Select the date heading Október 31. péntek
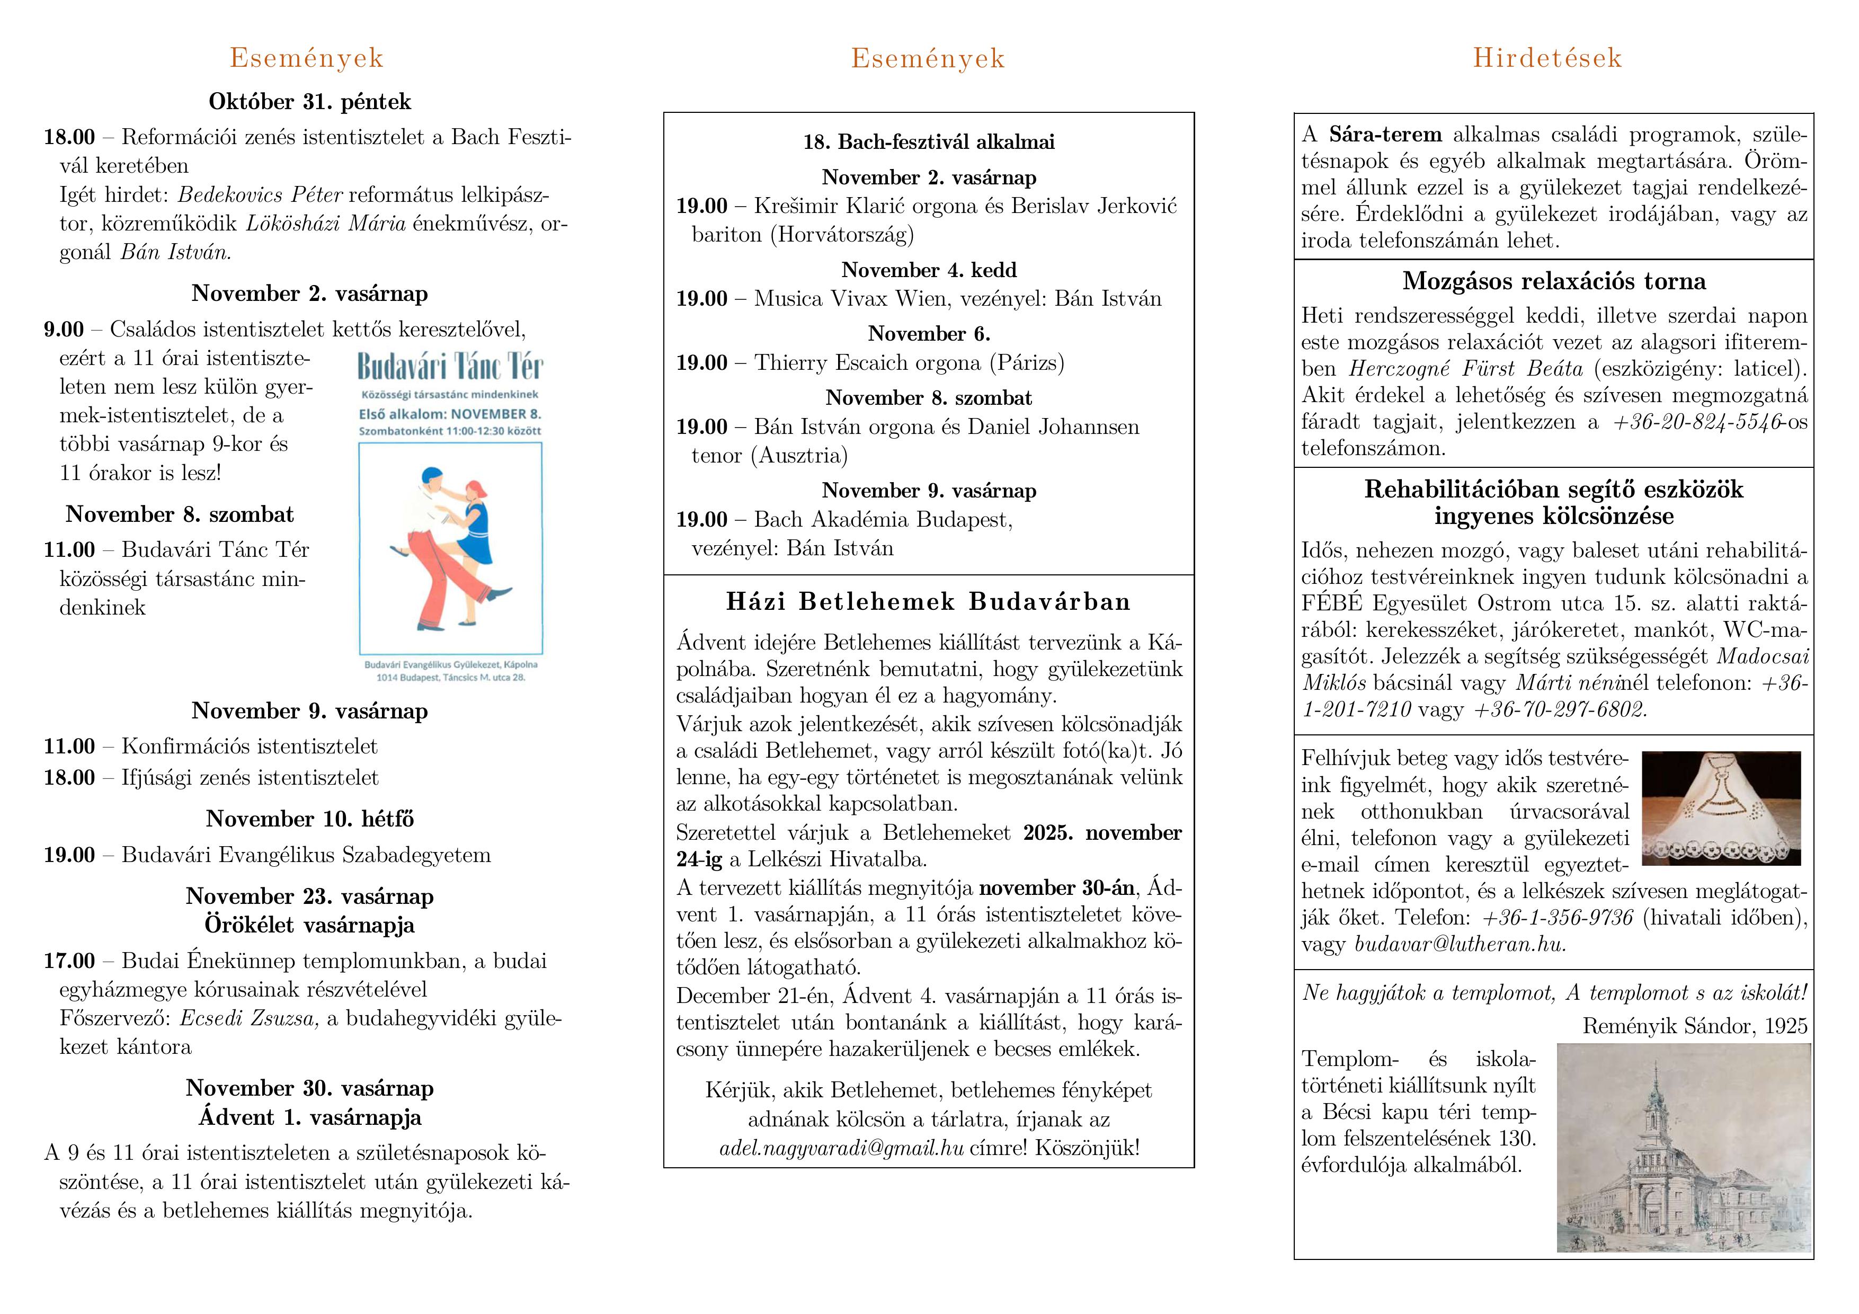(309, 102)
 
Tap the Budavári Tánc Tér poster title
(450, 367)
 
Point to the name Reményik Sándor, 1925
(1695, 1026)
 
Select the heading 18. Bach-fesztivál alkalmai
(929, 143)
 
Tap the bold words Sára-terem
(1385, 135)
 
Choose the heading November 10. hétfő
(309, 819)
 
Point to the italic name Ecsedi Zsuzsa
(248, 1018)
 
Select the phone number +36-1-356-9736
(1557, 918)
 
